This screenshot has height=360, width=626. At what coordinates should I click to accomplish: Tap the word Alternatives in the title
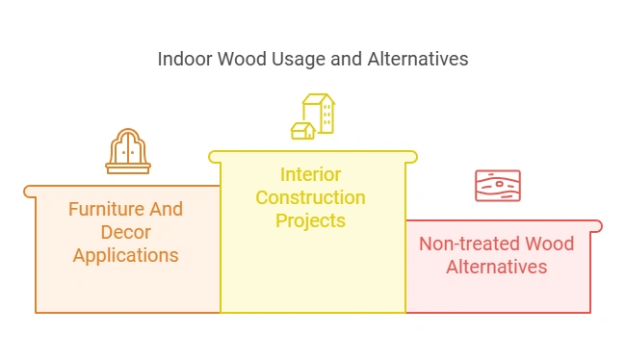tap(418, 60)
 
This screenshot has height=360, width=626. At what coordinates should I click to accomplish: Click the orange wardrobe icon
tap(127, 150)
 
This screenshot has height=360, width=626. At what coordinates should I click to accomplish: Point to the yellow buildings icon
tap(313, 116)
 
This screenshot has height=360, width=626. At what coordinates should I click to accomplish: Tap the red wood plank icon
tap(498, 186)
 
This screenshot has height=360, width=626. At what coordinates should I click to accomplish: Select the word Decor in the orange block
tap(125, 233)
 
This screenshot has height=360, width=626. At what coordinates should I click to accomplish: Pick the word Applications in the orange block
tap(125, 256)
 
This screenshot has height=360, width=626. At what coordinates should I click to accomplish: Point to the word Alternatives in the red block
tap(497, 267)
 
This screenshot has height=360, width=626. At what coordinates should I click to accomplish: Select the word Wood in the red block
tap(549, 244)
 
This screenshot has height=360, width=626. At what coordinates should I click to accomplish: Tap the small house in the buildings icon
tap(302, 130)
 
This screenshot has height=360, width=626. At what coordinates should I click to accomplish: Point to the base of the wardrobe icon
tap(127, 168)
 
